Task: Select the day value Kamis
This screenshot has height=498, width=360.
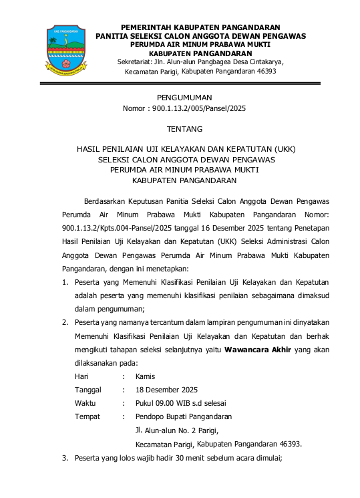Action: click(x=146, y=376)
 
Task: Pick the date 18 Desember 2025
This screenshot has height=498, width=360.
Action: click(x=166, y=390)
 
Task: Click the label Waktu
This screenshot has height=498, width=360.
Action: click(x=85, y=403)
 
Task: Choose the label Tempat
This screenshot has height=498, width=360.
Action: click(x=87, y=416)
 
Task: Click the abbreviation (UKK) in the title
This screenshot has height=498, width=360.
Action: click(x=283, y=148)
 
